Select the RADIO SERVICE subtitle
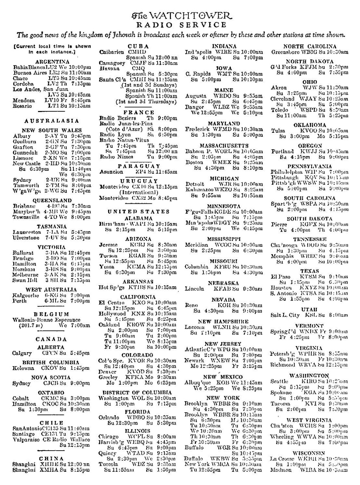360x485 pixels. (182, 25)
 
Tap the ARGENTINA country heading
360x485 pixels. (52, 62)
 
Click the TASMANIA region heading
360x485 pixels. (52, 227)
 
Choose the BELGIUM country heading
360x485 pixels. (52, 314)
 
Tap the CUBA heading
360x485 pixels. (138, 46)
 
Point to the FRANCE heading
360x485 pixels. (138, 112)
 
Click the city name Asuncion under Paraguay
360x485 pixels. (111, 172)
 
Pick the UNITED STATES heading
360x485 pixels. (138, 211)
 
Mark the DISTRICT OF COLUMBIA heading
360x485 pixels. (138, 392)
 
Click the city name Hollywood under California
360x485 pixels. (112, 313)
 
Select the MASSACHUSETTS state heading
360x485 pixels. (224, 146)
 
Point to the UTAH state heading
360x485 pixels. (309, 310)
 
